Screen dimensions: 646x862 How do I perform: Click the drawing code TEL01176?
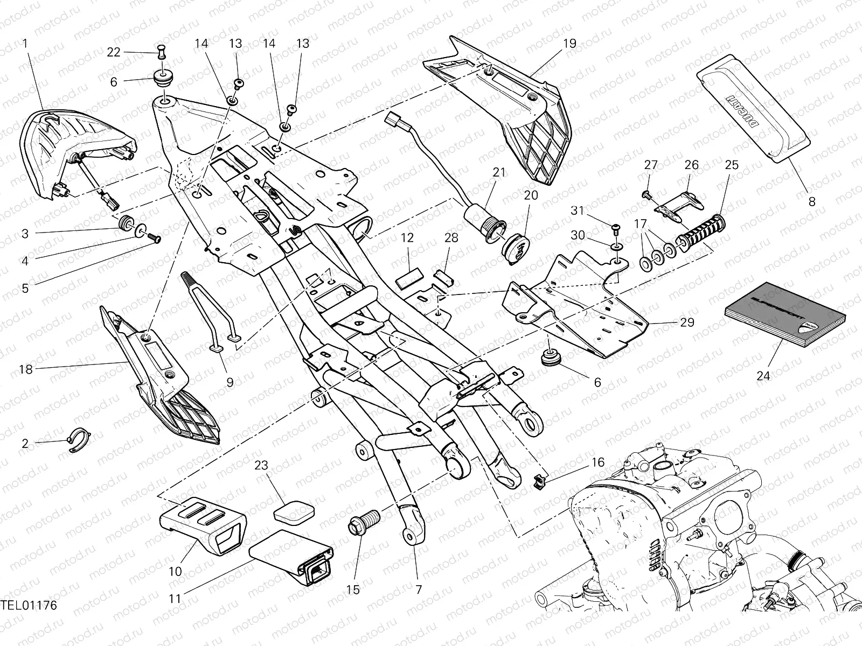click(x=29, y=621)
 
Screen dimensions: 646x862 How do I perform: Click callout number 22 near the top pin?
click(x=113, y=52)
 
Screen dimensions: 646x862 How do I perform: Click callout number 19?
click(x=569, y=44)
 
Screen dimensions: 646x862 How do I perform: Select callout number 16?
click(x=597, y=462)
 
